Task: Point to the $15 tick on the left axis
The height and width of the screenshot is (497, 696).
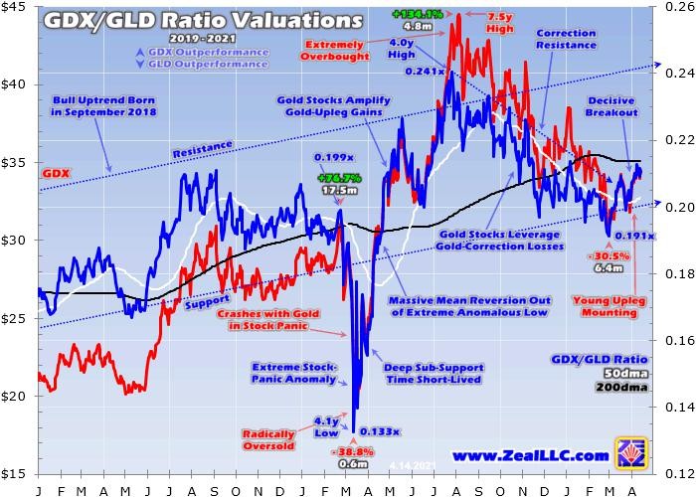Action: [17, 472]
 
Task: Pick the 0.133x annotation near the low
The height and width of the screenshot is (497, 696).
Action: [381, 430]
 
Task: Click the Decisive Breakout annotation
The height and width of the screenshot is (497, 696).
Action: [611, 106]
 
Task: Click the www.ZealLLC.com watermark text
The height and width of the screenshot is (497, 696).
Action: [530, 455]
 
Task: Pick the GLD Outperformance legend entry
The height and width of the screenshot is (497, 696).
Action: [221, 64]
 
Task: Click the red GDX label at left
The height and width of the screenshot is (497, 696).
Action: [51, 172]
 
